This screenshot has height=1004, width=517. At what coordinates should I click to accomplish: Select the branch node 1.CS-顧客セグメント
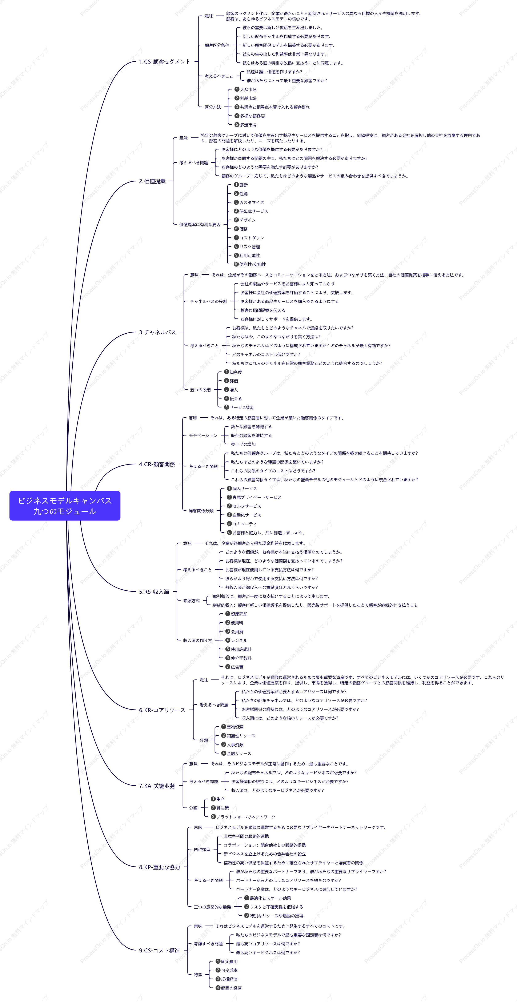[165, 62]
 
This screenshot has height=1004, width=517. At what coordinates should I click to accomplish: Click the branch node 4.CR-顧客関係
[157, 464]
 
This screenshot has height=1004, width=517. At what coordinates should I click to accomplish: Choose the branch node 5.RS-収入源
[154, 592]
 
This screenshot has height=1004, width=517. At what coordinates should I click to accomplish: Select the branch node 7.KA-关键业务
[157, 786]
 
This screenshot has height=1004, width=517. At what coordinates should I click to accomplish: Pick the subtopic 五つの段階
[200, 390]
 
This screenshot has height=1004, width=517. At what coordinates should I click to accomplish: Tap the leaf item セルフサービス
[244, 506]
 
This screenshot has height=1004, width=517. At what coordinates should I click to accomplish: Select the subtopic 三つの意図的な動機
[212, 907]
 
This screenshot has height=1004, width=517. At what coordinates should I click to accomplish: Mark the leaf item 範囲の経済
[229, 988]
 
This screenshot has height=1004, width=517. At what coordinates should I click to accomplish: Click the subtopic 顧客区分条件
[217, 45]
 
